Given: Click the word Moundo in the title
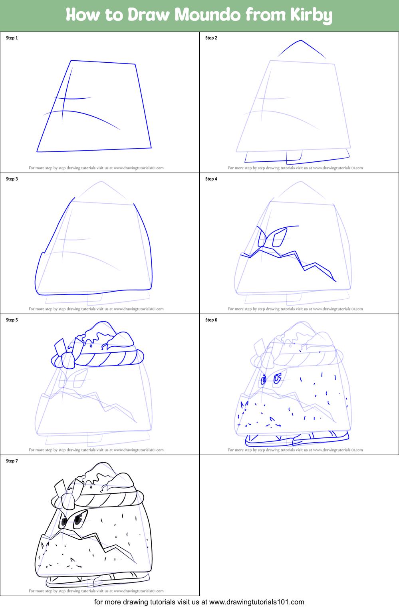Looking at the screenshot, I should click(x=207, y=15).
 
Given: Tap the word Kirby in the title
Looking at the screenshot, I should click(x=311, y=15).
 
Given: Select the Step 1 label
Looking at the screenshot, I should click(x=12, y=38).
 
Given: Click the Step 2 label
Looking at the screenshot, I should click(x=211, y=38).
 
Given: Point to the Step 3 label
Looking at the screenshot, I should click(x=12, y=179).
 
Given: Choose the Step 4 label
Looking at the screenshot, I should click(x=211, y=179).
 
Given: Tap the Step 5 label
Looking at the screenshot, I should click(x=12, y=320).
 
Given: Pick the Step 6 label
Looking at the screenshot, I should click(x=211, y=320).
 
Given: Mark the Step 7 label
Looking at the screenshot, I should click(x=12, y=461).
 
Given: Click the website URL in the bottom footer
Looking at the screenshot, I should click(x=256, y=602).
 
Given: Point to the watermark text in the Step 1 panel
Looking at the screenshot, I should click(x=96, y=168).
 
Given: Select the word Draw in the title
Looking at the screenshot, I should click(x=149, y=15).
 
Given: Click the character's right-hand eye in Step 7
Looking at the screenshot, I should click(x=79, y=519).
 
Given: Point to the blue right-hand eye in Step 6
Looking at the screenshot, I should click(x=277, y=378).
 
